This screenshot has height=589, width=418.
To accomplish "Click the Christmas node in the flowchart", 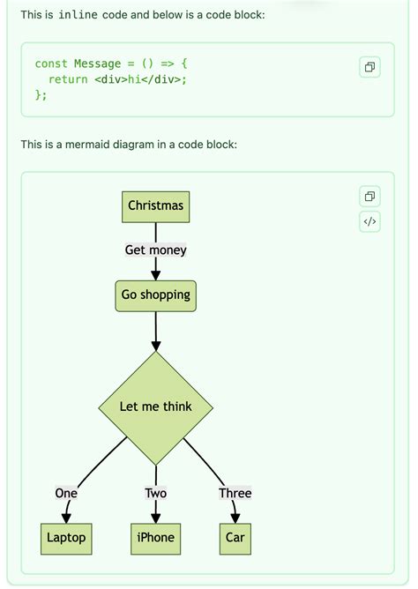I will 155,205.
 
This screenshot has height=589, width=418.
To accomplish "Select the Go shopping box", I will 155,295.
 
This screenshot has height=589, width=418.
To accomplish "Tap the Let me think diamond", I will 155,406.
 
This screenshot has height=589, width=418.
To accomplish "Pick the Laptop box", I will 66,538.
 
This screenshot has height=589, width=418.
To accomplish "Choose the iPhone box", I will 155,538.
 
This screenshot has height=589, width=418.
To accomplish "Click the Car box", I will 235,538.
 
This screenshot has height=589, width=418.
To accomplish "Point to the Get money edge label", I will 155,250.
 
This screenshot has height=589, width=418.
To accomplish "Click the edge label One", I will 66,493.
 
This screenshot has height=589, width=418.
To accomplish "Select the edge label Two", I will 155,493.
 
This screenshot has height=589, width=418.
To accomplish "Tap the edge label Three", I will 235,493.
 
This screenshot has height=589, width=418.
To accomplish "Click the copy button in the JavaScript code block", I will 370,67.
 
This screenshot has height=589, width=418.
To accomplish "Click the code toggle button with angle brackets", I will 370,221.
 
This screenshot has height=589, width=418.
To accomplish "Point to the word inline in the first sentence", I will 78,15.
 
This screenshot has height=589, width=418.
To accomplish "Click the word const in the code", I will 51,63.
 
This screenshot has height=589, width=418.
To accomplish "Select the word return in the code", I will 69,79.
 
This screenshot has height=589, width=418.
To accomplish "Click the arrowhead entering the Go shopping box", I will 155,276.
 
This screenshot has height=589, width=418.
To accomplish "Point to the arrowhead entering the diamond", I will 155,346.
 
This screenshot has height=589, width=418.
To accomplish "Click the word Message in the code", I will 97,63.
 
